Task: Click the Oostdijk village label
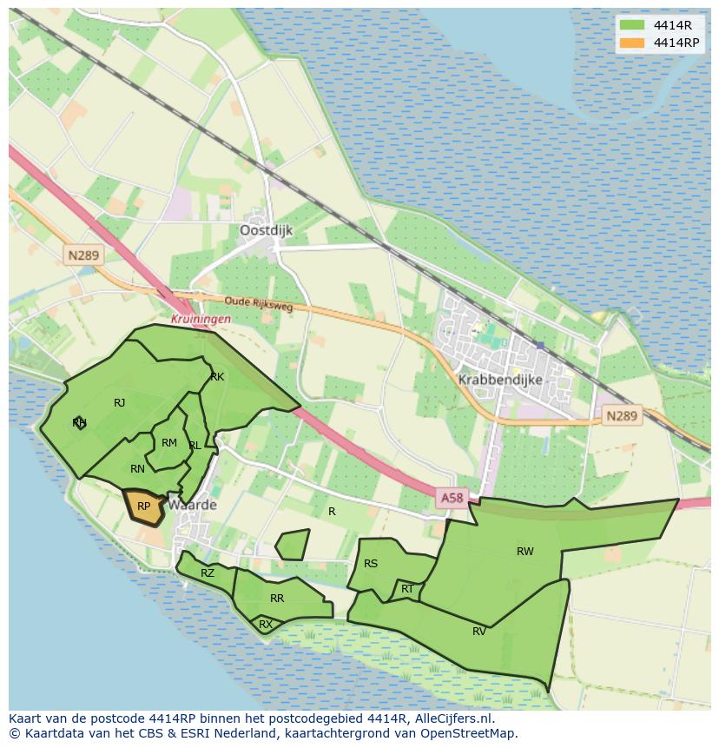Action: coord(266,230)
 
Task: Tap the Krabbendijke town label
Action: coord(500,380)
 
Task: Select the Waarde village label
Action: coord(193,505)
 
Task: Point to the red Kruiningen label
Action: coord(201,319)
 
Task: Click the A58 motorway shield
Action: coord(452,498)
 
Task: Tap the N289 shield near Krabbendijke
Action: coord(621,416)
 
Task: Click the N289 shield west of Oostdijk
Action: coord(82,255)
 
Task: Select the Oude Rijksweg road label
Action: coord(258,303)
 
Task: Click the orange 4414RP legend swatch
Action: coord(632,43)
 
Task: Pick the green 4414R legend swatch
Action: coord(632,24)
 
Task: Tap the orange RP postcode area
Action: coord(144,506)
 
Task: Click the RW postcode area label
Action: coord(524,552)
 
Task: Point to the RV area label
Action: coord(479,632)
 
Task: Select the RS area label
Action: coord(371,564)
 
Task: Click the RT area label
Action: coord(407,589)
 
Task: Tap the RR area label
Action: coord(277,599)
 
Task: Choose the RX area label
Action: coord(266,624)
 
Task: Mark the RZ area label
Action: coord(208,573)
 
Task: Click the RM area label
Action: coord(169,443)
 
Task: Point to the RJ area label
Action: coord(120,402)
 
